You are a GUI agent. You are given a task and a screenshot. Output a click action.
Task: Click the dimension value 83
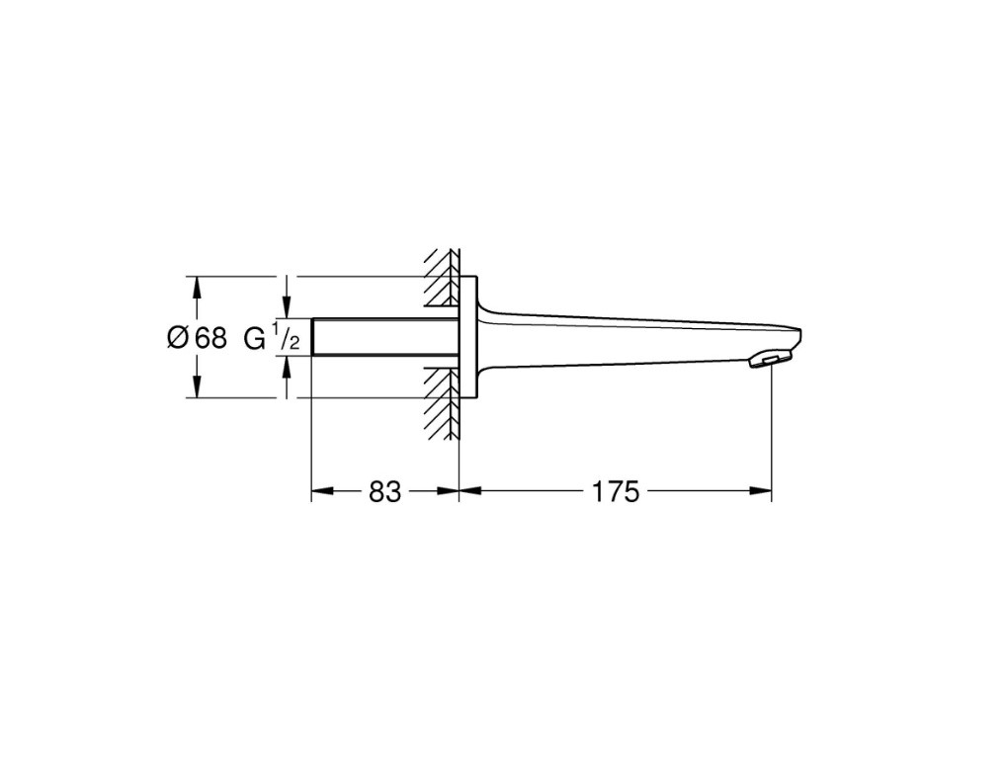pos(385,491)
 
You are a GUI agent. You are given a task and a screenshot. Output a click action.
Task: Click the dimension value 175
pos(617,491)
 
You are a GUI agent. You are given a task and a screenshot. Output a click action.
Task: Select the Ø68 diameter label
pos(197,338)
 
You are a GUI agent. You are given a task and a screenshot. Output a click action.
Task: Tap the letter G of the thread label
pos(255,338)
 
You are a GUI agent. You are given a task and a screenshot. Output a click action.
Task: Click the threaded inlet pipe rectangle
pos(385,337)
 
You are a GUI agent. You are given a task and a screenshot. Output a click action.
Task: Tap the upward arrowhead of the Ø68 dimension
pos(197,286)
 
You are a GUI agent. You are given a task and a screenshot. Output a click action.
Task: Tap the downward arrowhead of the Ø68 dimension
pos(197,387)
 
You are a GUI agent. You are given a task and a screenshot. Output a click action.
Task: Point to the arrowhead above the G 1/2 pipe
pos(288,308)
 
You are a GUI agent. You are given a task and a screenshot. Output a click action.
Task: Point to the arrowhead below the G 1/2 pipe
pos(288,367)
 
